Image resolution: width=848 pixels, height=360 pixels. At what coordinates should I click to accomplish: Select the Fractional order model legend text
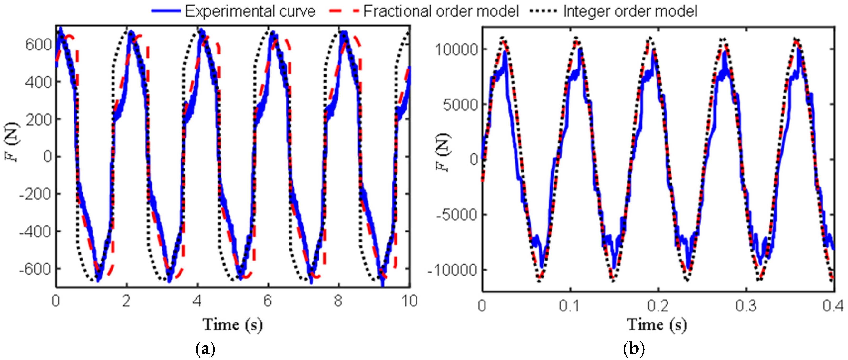pyautogui.click(x=441, y=11)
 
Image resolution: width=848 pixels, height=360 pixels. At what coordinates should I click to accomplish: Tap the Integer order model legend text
pyautogui.click(x=630, y=11)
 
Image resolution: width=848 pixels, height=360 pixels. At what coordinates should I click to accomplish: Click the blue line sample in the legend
pyautogui.click(x=166, y=11)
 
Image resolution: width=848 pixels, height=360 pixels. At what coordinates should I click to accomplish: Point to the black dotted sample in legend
pyautogui.click(x=543, y=11)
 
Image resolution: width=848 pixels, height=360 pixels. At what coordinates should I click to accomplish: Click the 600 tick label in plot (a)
pyautogui.click(x=39, y=44)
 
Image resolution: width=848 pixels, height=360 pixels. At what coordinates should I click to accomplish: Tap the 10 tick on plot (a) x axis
pyautogui.click(x=409, y=301)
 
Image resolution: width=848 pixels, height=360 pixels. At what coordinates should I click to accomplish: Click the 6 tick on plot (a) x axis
pyautogui.click(x=268, y=301)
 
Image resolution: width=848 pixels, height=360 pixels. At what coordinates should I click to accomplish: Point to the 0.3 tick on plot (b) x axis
pyautogui.click(x=746, y=306)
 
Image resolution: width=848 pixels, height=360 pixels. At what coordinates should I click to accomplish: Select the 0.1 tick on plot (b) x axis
pyautogui.click(x=569, y=306)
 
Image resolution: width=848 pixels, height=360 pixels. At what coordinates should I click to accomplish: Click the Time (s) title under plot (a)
pyautogui.click(x=232, y=325)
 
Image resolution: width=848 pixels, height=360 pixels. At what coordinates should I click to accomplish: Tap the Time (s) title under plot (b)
pyautogui.click(x=657, y=325)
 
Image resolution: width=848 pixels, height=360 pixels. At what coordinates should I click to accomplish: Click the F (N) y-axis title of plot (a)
pyautogui.click(x=11, y=142)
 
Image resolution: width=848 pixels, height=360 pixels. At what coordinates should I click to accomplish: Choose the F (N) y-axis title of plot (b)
pyautogui.click(x=442, y=152)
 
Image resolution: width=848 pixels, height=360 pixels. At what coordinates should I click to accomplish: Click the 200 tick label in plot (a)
pyautogui.click(x=39, y=119)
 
